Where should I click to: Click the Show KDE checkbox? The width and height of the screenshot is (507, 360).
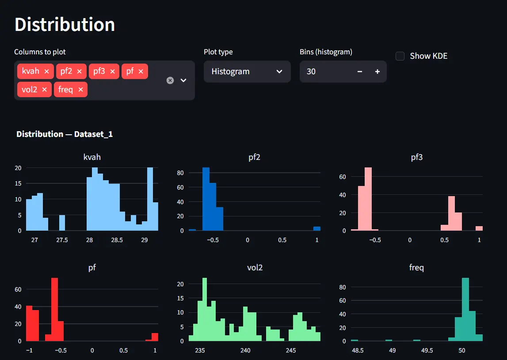pyautogui.click(x=400, y=56)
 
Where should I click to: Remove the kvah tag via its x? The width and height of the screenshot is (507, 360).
pyautogui.click(x=46, y=71)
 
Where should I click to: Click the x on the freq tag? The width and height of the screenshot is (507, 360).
pyautogui.click(x=80, y=90)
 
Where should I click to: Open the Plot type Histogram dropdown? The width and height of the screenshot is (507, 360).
pyautogui.click(x=247, y=72)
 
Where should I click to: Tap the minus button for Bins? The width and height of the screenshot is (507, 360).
pyautogui.click(x=360, y=72)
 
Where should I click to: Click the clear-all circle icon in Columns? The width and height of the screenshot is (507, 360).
pyautogui.click(x=170, y=80)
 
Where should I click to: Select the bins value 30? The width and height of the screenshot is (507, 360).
pyautogui.click(x=311, y=72)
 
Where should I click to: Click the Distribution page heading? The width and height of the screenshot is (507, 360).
pyautogui.click(x=65, y=24)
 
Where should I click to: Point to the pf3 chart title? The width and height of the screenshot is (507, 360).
pyautogui.click(x=416, y=157)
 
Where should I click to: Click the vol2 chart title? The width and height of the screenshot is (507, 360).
pyautogui.click(x=254, y=267)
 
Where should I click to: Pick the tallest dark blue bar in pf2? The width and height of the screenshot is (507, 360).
pyautogui.click(x=206, y=199)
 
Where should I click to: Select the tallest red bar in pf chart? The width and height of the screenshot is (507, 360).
pyautogui.click(x=55, y=309)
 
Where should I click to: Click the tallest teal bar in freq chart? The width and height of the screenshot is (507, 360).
pyautogui.click(x=465, y=309)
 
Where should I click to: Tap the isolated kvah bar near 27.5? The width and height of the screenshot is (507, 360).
pyautogui.click(x=62, y=223)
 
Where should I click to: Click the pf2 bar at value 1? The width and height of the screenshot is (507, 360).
pyautogui.click(x=317, y=228)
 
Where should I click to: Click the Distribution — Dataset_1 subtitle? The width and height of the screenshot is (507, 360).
pyautogui.click(x=65, y=134)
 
